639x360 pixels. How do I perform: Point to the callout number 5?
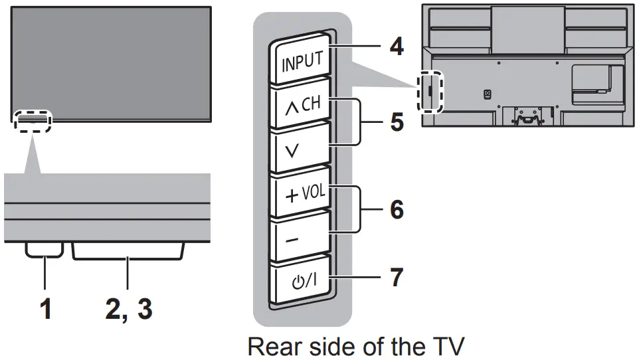tap(396, 124)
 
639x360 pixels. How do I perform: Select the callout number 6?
tap(396, 210)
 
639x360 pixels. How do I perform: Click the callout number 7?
tap(396, 277)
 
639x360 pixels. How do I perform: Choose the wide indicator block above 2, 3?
tap(128, 250)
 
